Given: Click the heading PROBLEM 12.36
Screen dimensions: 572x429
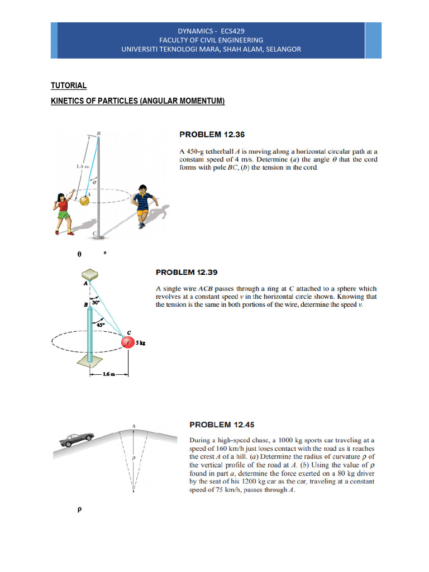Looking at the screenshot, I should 212,135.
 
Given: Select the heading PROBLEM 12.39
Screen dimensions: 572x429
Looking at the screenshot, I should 187,273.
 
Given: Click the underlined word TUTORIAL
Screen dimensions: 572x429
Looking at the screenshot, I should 69,85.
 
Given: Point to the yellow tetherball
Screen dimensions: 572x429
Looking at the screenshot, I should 84,199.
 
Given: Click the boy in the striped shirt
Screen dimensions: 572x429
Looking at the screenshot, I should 144,205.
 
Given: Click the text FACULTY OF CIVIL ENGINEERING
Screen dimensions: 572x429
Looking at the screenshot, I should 211,40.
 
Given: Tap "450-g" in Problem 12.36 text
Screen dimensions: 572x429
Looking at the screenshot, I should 198,151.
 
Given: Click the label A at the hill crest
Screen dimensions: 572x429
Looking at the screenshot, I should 134,426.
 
